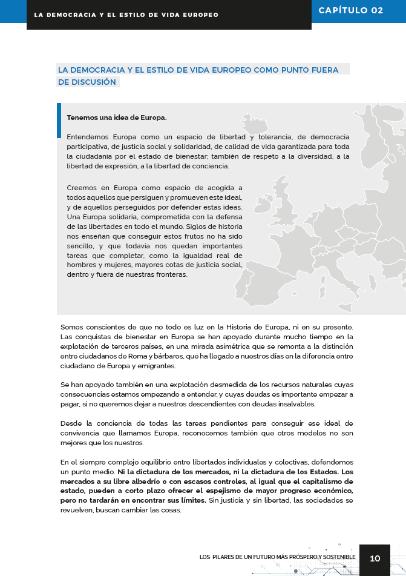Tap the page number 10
click(x=375, y=558)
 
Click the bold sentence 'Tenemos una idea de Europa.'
click(x=117, y=118)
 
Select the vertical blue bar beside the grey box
click(x=59, y=121)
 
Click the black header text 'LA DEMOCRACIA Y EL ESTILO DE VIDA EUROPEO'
click(x=126, y=15)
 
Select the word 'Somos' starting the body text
click(x=71, y=327)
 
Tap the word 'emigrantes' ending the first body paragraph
click(x=156, y=366)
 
